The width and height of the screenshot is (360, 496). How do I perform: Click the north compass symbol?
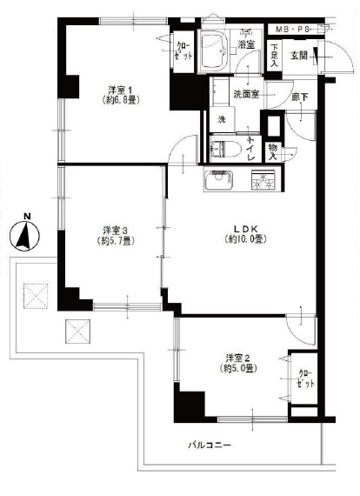(x=24, y=233)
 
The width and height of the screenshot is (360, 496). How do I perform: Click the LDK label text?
(x=246, y=228)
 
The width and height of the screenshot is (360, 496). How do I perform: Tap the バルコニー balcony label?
(x=210, y=446)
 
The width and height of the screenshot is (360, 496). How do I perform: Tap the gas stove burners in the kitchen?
(x=263, y=180)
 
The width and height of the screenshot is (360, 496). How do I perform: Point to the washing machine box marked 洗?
(x=223, y=119)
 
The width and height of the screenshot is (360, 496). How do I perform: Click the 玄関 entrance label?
(x=298, y=56)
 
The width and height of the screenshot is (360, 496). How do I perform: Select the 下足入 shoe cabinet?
(x=274, y=56)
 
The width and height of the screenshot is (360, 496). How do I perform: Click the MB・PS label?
(x=292, y=30)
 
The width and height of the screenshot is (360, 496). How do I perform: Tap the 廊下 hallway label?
(x=299, y=97)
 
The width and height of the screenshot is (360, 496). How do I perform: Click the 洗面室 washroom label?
(x=246, y=94)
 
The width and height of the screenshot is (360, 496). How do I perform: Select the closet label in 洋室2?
(x=306, y=379)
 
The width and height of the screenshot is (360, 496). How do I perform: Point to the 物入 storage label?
(x=273, y=151)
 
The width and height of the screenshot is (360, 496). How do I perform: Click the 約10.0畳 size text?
(x=245, y=239)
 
